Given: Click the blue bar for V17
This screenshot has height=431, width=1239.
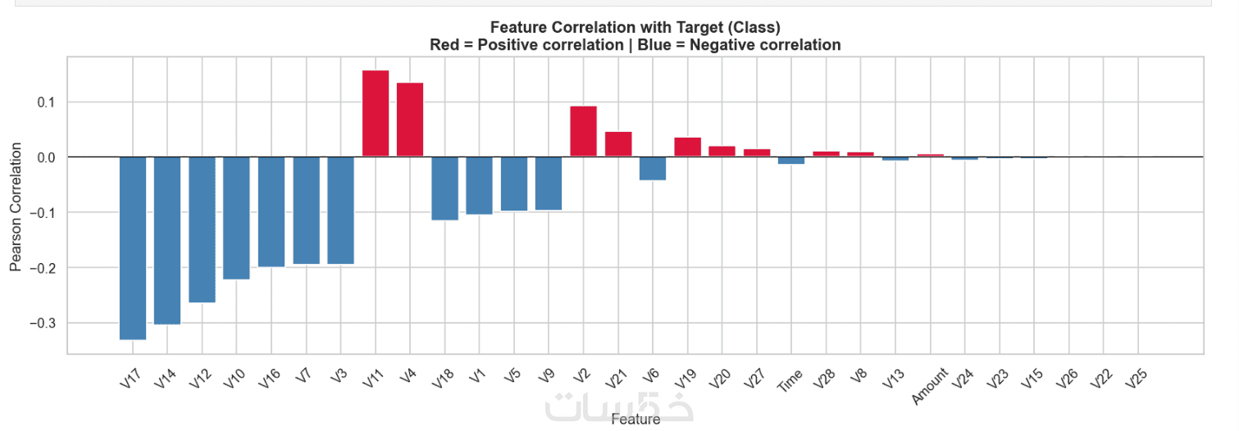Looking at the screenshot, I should pyautogui.click(x=133, y=247).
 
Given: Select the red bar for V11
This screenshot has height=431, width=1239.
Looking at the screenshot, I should pyautogui.click(x=376, y=113).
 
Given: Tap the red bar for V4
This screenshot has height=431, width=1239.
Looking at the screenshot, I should pyautogui.click(x=410, y=120).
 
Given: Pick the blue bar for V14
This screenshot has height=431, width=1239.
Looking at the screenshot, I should pyautogui.click(x=167, y=240).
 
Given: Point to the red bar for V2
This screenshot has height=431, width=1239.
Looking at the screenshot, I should pyautogui.click(x=583, y=131).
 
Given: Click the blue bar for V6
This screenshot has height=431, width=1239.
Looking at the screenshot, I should pyautogui.click(x=653, y=168).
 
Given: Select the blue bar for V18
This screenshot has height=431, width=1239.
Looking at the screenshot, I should pyautogui.click(x=445, y=188).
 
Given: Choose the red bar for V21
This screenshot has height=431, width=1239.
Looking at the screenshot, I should pyautogui.click(x=618, y=143).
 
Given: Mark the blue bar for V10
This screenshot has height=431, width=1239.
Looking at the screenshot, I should pyautogui.click(x=236, y=218).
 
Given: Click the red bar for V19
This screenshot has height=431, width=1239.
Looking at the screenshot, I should pyautogui.click(x=687, y=147).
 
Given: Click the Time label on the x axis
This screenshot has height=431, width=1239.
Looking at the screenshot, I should pyautogui.click(x=790, y=380).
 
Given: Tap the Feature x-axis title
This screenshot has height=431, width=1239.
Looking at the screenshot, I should pyautogui.click(x=635, y=420).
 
